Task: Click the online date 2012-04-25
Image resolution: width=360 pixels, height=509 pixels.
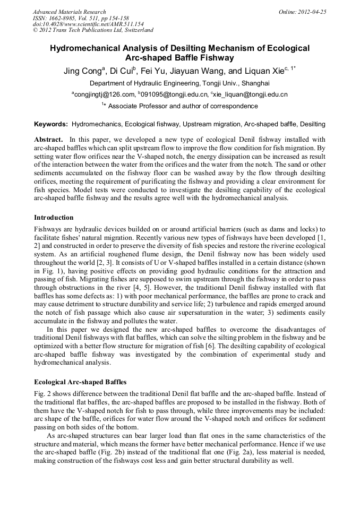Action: click(312, 12)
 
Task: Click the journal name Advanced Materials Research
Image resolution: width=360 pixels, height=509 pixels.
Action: click(69, 12)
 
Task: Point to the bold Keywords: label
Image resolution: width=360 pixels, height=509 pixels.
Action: click(51, 124)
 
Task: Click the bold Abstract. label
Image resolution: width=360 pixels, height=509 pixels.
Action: click(48, 139)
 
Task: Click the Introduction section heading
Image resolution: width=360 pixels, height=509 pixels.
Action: click(54, 218)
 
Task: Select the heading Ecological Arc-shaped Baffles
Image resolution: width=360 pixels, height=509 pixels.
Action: click(80, 382)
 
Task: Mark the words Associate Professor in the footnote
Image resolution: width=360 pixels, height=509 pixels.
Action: click(134, 106)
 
